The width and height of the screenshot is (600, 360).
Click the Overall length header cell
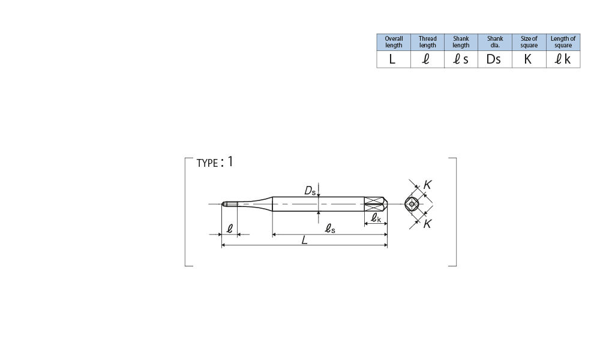[x=394, y=42]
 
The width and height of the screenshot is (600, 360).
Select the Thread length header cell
[x=427, y=42]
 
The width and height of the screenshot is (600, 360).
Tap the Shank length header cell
[x=461, y=42]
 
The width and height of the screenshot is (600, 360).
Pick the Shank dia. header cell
[x=495, y=42]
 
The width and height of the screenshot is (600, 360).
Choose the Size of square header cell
[x=529, y=42]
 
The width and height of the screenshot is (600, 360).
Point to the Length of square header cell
[x=563, y=42]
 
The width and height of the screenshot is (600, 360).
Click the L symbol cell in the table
[x=394, y=59]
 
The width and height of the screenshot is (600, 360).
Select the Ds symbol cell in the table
[x=495, y=59]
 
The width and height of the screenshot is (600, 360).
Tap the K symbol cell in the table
[x=529, y=59]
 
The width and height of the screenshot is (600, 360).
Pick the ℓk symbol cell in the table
[x=563, y=59]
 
